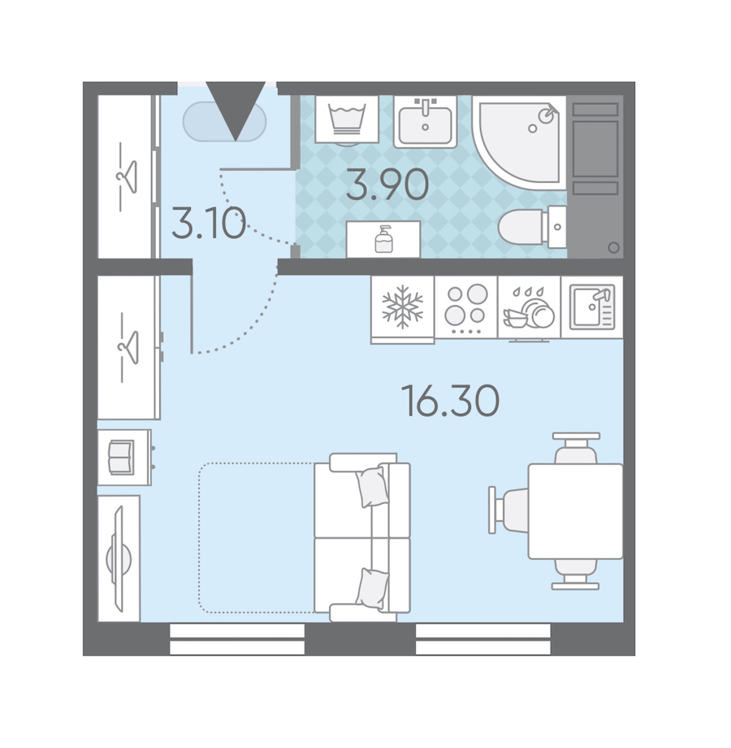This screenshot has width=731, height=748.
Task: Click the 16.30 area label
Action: point(451,401)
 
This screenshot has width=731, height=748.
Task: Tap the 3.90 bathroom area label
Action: point(387,185)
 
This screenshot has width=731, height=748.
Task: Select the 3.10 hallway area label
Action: point(209,223)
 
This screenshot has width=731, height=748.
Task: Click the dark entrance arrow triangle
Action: point(236,111)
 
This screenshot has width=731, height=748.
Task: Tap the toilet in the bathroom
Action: point(532,227)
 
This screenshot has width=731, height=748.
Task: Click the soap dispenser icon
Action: point(383,239)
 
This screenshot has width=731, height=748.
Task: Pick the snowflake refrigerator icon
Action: point(403,307)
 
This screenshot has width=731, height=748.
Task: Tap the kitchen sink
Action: point(592,307)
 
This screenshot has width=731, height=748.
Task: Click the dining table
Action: point(575,511)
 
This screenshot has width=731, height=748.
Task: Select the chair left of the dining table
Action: point(508,510)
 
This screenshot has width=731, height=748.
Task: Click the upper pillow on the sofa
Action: point(372,486)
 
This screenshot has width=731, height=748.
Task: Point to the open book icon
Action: point(122,458)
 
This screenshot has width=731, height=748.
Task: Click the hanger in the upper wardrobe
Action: point(128,176)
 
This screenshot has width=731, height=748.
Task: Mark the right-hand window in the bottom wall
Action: point(482,639)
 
